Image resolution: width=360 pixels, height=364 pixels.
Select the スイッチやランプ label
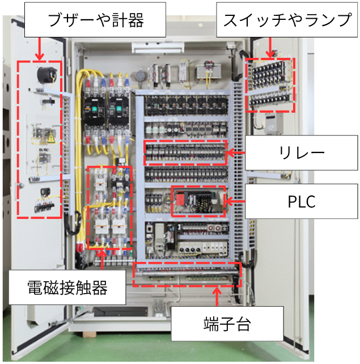click(287, 21)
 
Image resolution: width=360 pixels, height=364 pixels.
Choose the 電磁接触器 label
click(67, 288)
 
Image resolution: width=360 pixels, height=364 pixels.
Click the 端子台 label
click(227, 325)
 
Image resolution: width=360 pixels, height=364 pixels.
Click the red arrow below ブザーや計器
click(39, 50)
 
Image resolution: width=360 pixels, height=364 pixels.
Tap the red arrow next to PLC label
click(235, 200)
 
